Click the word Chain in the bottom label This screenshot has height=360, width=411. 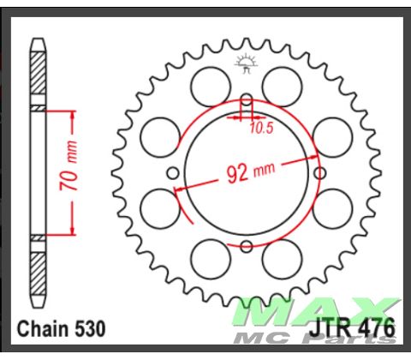point(43,328)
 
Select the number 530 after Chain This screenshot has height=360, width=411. point(92,328)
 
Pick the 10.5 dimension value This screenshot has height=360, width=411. point(262,130)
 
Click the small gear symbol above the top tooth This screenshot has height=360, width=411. point(246,62)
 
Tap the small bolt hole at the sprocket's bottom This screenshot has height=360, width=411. point(246,247)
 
